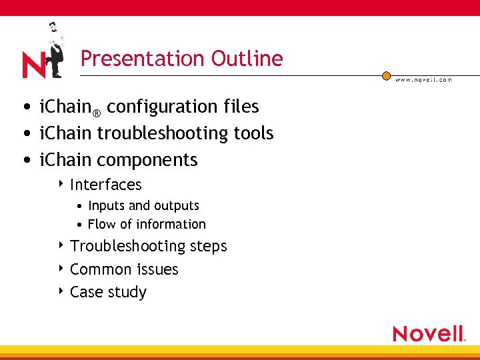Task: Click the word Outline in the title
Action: (247, 59)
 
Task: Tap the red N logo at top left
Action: (33, 65)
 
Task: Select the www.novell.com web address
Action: (423, 79)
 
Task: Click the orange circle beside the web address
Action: (386, 76)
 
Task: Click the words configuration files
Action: (183, 107)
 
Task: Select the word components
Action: (147, 160)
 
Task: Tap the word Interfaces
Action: (106, 185)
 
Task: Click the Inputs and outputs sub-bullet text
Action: (143, 206)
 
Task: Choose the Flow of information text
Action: (147, 225)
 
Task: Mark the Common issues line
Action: (124, 269)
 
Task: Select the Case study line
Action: (108, 292)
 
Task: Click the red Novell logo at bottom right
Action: (429, 333)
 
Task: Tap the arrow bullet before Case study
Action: (61, 291)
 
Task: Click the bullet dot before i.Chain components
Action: (25, 161)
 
